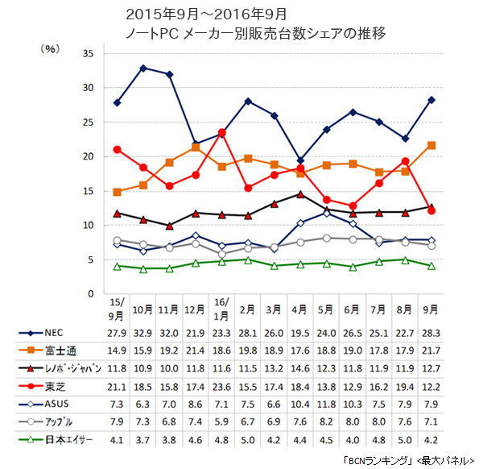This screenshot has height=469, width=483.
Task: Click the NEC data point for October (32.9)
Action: [143, 68]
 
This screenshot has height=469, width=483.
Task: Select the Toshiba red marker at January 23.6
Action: [221, 132]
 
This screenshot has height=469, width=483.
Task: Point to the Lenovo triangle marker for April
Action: [299, 194]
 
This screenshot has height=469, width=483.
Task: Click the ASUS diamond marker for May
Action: [326, 213]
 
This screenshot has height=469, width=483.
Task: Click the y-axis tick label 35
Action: [89, 53]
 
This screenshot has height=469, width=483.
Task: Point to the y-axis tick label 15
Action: [89, 191]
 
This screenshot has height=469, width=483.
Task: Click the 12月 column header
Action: [196, 309]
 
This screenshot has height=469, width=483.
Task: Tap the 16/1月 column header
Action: [221, 309]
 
